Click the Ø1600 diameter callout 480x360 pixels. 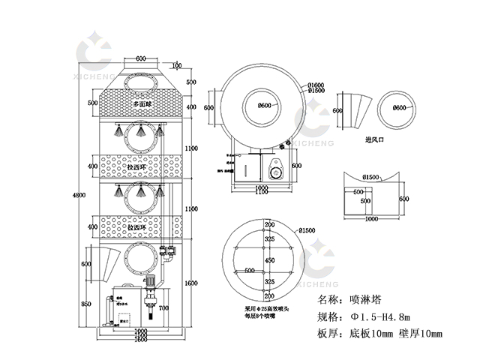tap(316, 85)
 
